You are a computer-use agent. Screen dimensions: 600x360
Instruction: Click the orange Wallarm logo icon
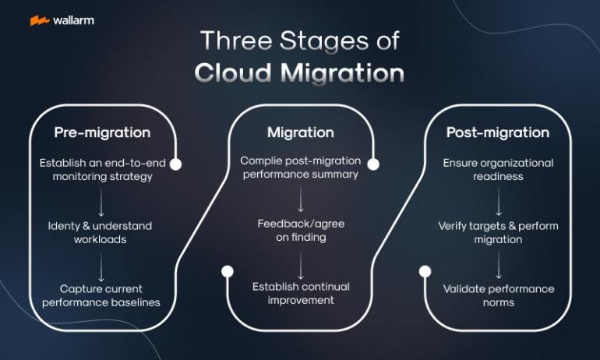40,20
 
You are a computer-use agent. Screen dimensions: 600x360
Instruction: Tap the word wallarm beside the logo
73,20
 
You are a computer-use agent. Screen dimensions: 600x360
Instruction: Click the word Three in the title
236,41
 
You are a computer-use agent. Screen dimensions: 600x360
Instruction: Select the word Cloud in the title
233,72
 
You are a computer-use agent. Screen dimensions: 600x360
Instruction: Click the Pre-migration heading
102,132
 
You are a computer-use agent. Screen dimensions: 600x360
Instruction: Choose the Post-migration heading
498,132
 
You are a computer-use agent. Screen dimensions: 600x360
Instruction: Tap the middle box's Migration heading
301,132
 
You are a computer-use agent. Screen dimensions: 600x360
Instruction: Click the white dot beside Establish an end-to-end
175,164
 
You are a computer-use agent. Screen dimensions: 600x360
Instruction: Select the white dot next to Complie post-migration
373,164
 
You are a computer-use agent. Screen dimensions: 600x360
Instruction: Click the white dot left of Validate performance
425,272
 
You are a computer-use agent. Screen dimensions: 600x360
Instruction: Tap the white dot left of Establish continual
228,272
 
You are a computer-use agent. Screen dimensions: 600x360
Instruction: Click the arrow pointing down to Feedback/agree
301,198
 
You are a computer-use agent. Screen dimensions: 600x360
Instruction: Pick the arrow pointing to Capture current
101,266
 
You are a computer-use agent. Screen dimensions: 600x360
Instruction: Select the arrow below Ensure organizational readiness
499,202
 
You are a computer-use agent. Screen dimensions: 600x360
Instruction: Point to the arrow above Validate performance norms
499,264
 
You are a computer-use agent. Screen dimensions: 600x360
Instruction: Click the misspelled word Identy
64,227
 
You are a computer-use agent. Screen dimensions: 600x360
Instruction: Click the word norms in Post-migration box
499,302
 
